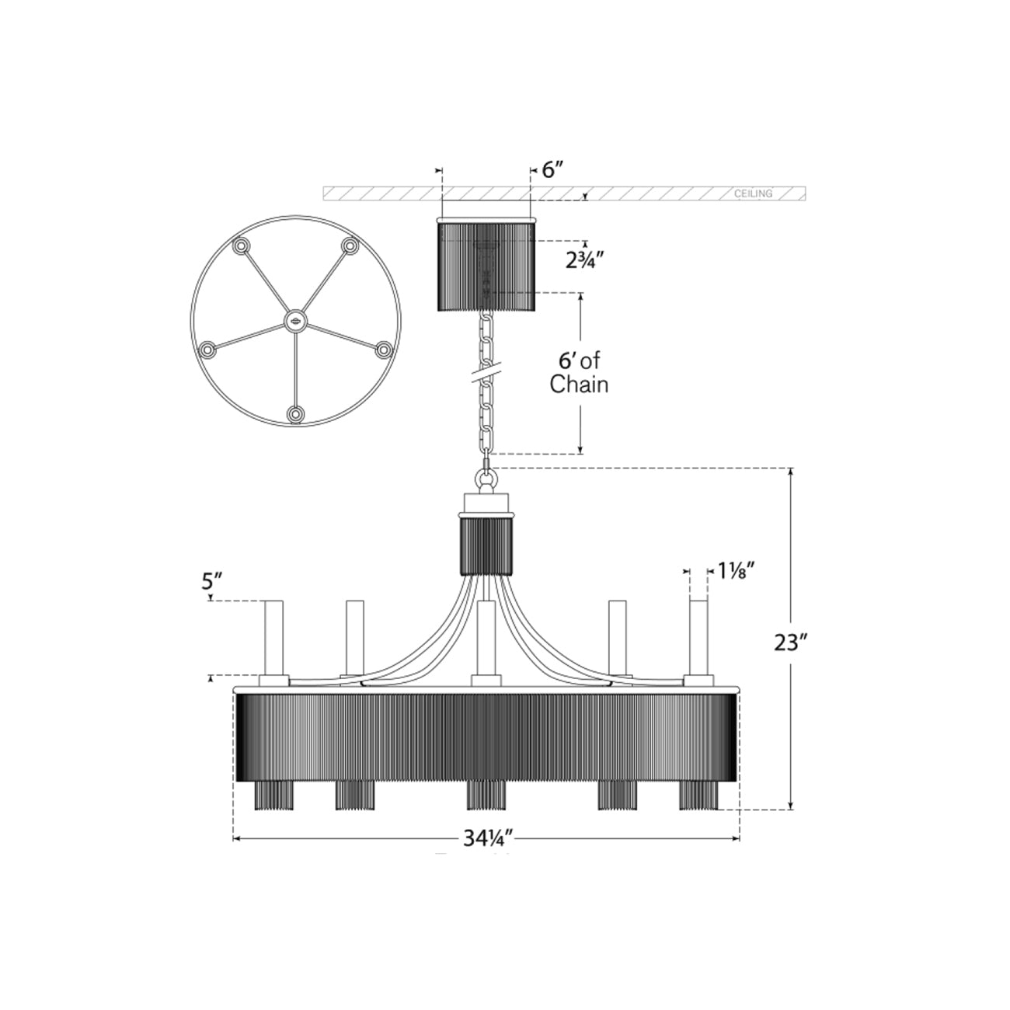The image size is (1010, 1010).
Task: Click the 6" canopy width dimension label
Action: click(552, 170)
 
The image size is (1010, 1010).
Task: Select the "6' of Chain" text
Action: click(579, 372)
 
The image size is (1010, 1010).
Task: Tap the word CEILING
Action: click(753, 193)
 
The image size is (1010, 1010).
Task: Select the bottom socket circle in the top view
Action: click(295, 414)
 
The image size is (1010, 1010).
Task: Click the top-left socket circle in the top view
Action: click(242, 246)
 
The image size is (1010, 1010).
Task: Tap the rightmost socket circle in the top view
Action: click(384, 350)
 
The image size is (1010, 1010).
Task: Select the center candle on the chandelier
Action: click(486, 638)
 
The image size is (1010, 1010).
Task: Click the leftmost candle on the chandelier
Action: click(273, 639)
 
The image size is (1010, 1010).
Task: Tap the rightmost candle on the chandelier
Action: click(698, 639)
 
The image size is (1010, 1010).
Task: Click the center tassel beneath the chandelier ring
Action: click(486, 794)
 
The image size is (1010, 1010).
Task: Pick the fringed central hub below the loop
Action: click(486, 545)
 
